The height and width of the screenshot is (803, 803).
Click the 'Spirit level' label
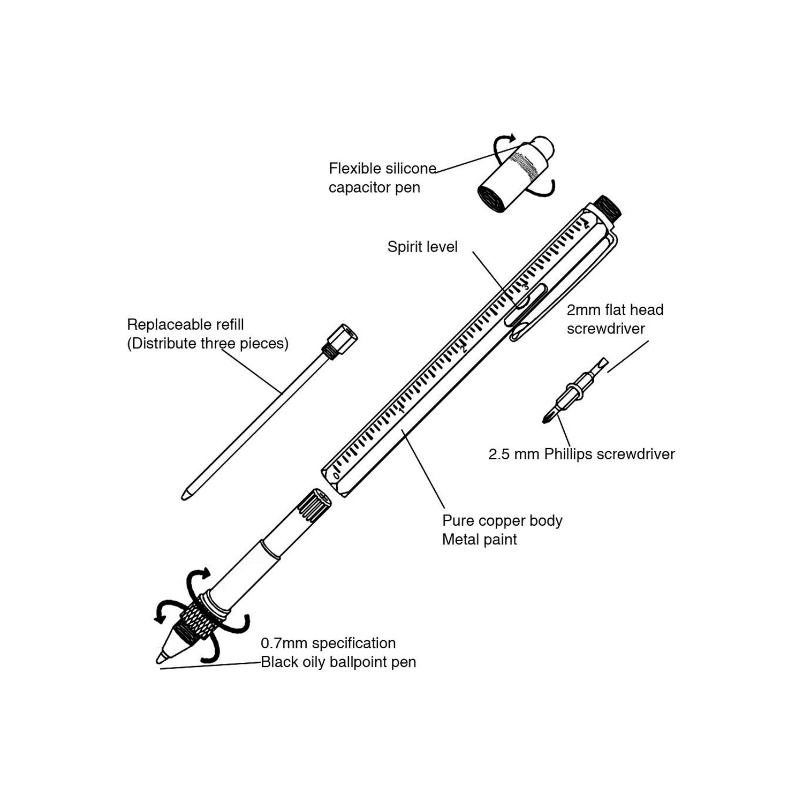[422, 247]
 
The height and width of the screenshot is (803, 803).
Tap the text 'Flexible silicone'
[382, 169]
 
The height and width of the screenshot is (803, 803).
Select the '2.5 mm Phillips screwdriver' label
[581, 454]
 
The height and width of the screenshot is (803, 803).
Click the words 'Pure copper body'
[502, 520]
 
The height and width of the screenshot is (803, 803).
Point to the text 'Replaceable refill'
[185, 324]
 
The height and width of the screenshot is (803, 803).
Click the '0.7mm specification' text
[328, 643]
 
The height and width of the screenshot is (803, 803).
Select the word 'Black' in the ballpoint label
[278, 662]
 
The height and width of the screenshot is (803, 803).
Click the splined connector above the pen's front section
[313, 505]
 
